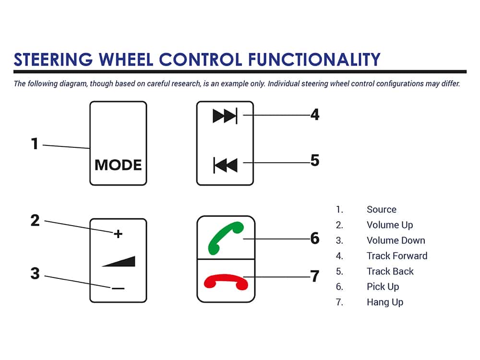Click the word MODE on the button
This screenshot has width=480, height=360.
point(118,165)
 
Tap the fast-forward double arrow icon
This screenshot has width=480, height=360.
point(225,116)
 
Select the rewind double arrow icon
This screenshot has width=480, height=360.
point(225,166)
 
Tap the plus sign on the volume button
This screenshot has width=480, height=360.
point(118,234)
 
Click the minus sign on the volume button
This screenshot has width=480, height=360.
point(118,288)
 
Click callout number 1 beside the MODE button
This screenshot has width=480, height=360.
point(34,144)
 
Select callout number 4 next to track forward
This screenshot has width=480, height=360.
point(315,115)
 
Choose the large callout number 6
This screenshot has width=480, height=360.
point(315,238)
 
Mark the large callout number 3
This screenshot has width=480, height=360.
point(35,274)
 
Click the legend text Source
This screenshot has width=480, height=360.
point(381,209)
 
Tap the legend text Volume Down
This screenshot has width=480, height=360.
point(396,240)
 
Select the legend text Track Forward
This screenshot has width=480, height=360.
point(396,256)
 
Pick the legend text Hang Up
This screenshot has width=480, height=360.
point(384,302)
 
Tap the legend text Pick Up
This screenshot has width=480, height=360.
point(383,287)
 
